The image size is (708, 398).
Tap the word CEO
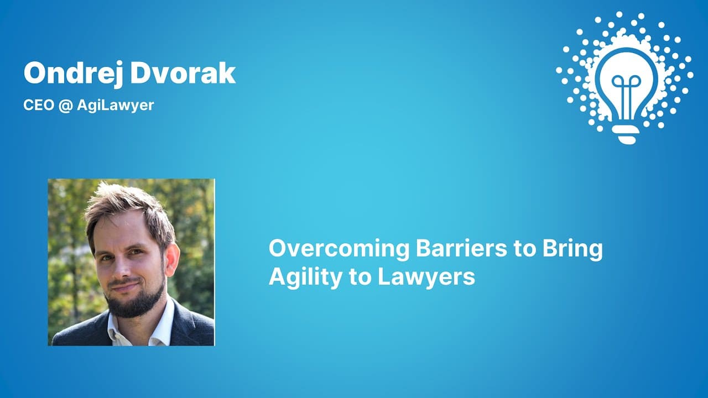(39, 105)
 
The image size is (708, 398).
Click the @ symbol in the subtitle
(65, 106)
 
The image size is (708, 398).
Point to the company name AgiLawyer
(116, 106)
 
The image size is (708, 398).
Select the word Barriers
(461, 248)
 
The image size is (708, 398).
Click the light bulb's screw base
(626, 134)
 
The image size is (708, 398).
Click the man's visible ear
(172, 259)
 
